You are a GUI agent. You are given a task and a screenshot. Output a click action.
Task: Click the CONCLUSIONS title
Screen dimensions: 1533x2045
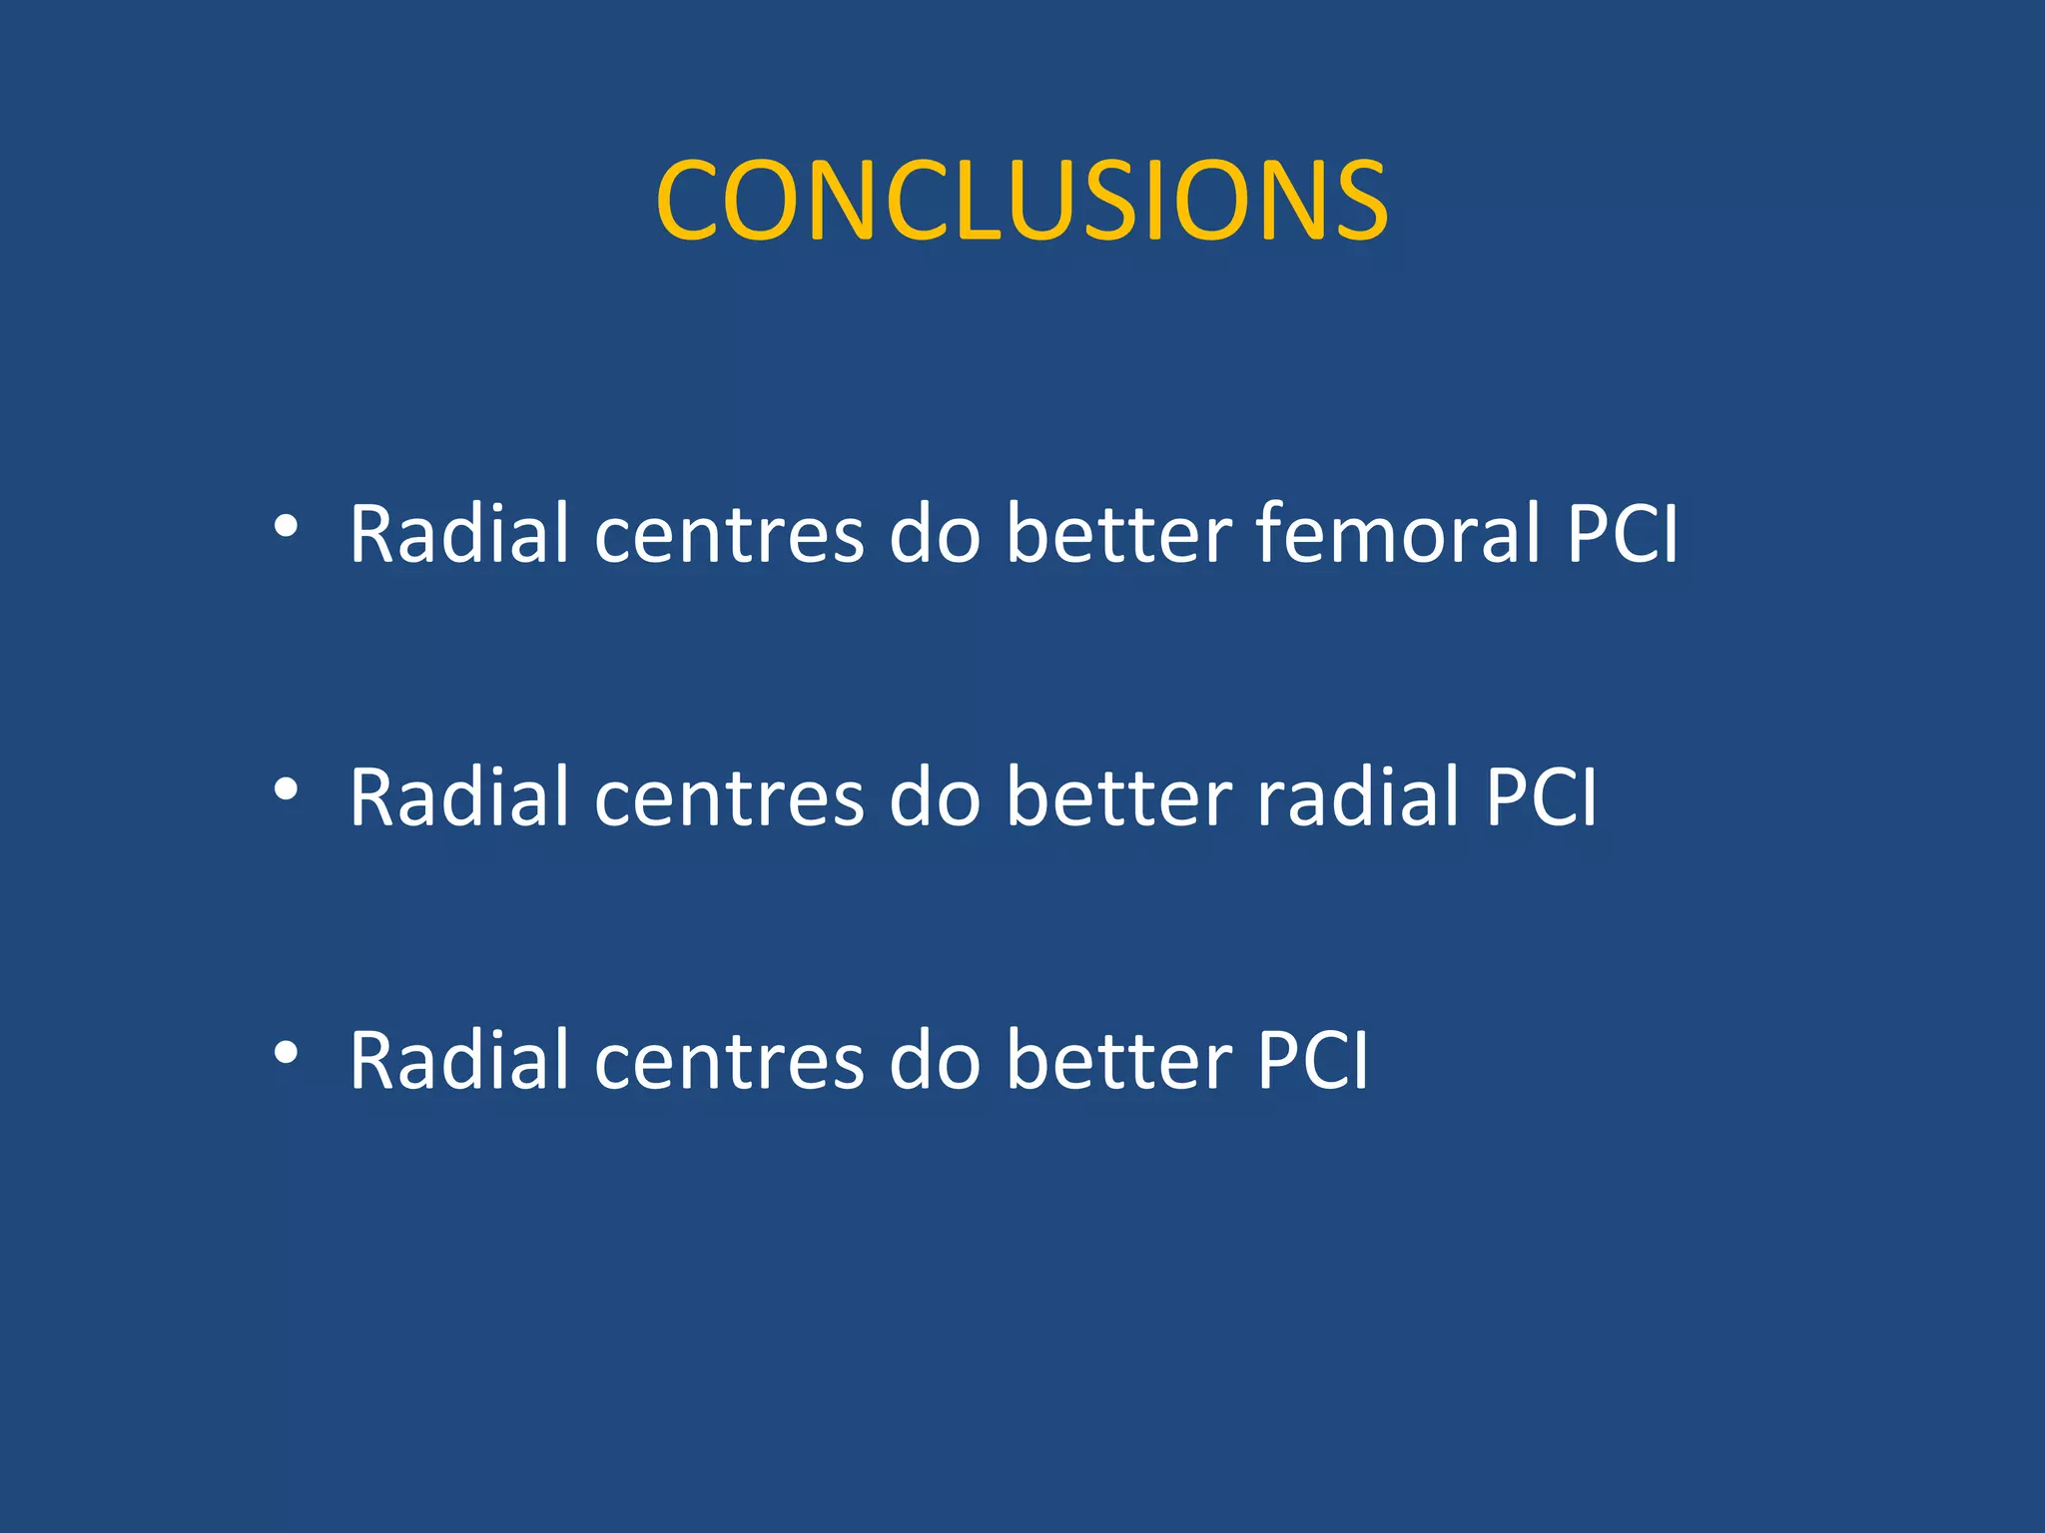[1022, 201]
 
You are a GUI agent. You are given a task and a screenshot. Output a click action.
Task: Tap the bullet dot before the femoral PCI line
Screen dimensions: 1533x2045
[286, 527]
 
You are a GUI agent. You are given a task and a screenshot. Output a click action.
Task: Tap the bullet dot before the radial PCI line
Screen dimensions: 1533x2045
[286, 790]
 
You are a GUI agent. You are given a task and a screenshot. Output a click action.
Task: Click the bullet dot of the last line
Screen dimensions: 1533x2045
[286, 1053]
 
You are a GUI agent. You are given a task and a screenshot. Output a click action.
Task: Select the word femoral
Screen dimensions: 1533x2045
[1398, 533]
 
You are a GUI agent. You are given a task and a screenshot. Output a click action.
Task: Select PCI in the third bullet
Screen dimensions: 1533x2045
[1312, 1060]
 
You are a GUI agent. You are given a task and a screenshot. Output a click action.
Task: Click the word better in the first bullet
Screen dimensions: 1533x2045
[1118, 533]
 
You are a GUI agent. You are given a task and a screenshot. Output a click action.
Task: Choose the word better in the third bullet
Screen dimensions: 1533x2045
[1118, 1060]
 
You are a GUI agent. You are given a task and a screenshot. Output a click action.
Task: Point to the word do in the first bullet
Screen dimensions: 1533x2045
[935, 533]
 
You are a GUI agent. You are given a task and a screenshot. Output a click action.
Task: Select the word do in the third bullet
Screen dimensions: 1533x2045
[935, 1060]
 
